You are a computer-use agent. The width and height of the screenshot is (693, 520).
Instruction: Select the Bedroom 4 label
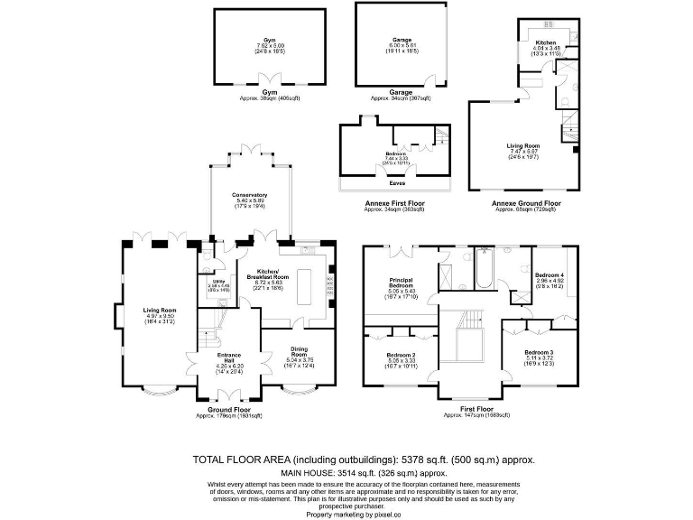click(550, 274)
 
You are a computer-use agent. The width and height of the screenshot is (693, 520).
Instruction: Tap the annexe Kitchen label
click(547, 42)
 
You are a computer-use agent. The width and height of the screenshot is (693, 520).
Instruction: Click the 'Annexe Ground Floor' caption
click(526, 203)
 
